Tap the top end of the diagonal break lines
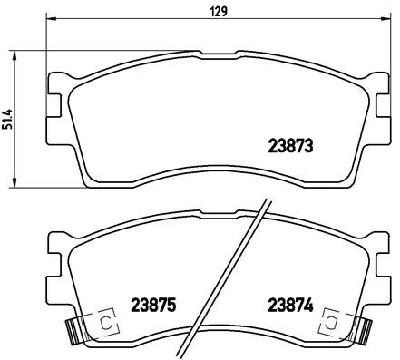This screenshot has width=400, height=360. point(267,201)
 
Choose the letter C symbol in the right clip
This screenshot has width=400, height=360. point(331,322)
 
